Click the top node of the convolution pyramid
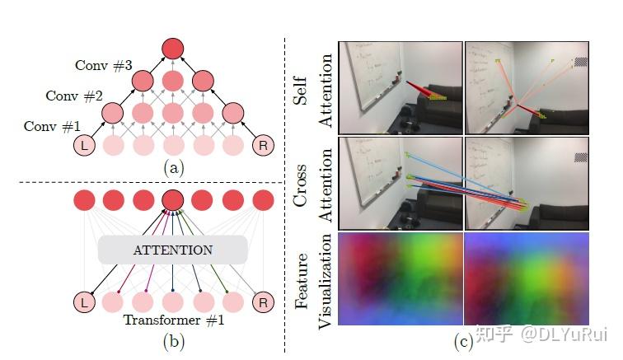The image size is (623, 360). click(172, 49)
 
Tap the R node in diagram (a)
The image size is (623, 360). click(262, 146)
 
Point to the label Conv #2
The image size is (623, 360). click(74, 96)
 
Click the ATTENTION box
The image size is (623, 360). click(172, 250)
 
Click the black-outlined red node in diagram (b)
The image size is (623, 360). click(172, 200)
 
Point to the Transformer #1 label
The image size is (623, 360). click(173, 321)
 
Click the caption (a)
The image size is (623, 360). click(172, 168)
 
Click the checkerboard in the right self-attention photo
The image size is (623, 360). click(581, 62)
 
